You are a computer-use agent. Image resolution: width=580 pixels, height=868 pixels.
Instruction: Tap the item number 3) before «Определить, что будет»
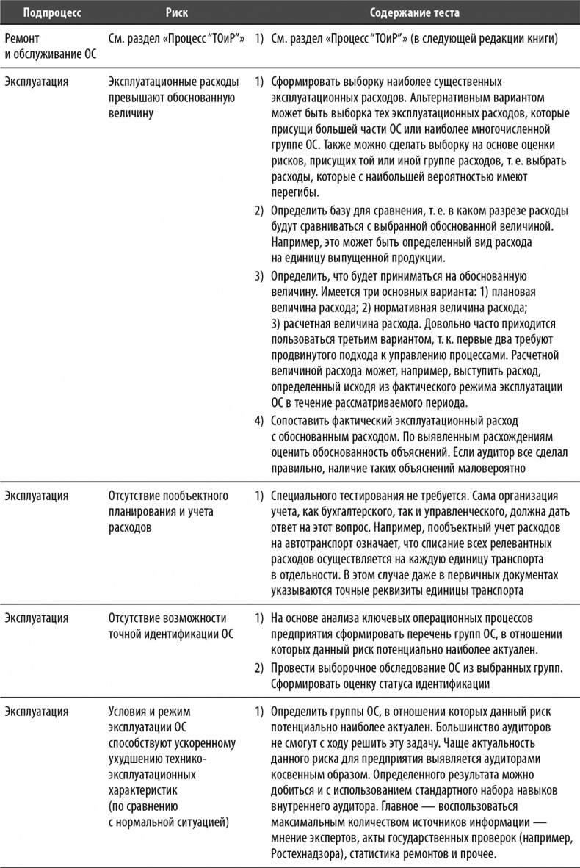tap(258, 276)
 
